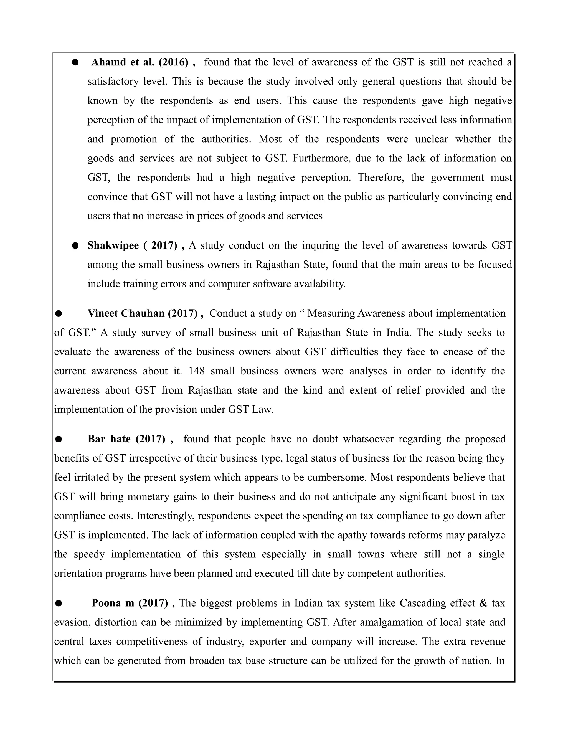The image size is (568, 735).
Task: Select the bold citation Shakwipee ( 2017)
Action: [x=132, y=245]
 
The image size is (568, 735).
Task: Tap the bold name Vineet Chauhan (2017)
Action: [x=142, y=313]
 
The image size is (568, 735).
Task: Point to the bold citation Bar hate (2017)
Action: [x=126, y=439]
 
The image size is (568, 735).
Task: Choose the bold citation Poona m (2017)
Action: [x=130, y=603]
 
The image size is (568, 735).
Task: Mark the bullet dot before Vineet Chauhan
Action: [x=59, y=314]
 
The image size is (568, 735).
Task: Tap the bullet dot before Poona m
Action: [x=59, y=603]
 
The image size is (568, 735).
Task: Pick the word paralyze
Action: [x=486, y=535]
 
